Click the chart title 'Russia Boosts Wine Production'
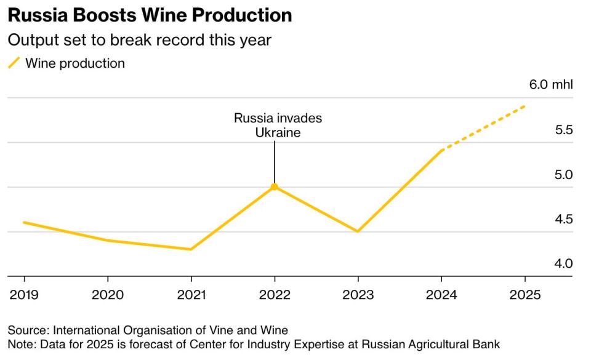click(x=150, y=15)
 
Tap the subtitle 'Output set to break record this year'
click(x=140, y=41)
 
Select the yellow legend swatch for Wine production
click(x=14, y=63)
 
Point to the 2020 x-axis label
click(x=108, y=295)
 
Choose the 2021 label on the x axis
click(x=191, y=295)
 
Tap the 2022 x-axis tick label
click(x=275, y=295)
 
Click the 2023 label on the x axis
click(x=358, y=295)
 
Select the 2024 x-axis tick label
click(x=441, y=295)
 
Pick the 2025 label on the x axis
click(x=525, y=295)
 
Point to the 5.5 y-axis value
click(x=564, y=130)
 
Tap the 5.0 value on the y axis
click(x=564, y=175)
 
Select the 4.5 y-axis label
click(x=564, y=219)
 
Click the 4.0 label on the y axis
click(x=564, y=263)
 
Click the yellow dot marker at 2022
click(x=275, y=186)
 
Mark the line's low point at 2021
click(x=191, y=249)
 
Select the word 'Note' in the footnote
click(x=20, y=343)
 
